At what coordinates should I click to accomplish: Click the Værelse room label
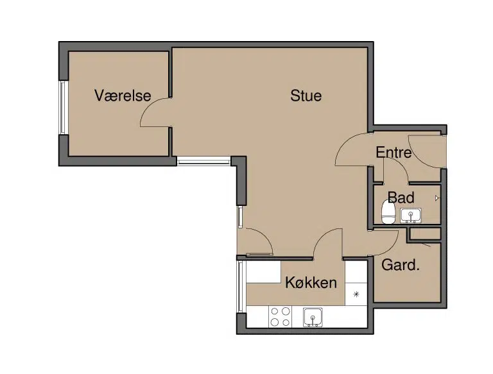tap(123, 96)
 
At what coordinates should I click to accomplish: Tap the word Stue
tap(306, 96)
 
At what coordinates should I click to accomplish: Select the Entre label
tap(394, 153)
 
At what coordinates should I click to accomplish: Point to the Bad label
tap(401, 198)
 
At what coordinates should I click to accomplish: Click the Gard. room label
tap(401, 265)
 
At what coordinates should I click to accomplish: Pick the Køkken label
tap(311, 282)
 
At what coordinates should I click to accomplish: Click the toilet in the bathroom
tap(388, 212)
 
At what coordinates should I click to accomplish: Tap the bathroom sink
tap(411, 216)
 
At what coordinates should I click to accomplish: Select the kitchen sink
tap(313, 317)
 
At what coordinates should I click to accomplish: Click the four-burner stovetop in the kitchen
tap(280, 316)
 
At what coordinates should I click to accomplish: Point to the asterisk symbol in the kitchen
tap(356, 294)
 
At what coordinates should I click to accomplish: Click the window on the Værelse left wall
tap(63, 108)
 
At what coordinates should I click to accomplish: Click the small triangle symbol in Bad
tap(437, 198)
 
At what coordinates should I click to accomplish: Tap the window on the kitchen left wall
tap(241, 287)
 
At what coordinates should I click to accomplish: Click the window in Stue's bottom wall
tap(203, 161)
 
